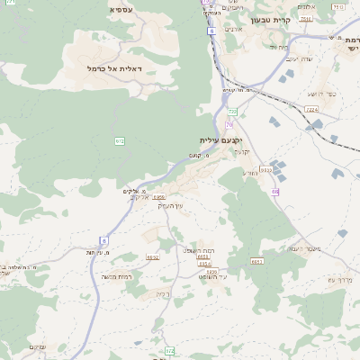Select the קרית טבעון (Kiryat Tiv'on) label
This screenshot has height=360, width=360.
(x=273, y=19)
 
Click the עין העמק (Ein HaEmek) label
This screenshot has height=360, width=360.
(x=170, y=206)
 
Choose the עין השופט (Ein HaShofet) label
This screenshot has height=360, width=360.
(x=215, y=278)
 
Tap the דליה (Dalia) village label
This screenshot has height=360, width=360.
(x=162, y=293)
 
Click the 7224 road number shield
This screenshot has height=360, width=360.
(x=311, y=109)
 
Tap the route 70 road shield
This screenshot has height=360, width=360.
(x=229, y=123)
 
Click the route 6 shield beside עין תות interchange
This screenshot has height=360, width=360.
(x=103, y=240)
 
